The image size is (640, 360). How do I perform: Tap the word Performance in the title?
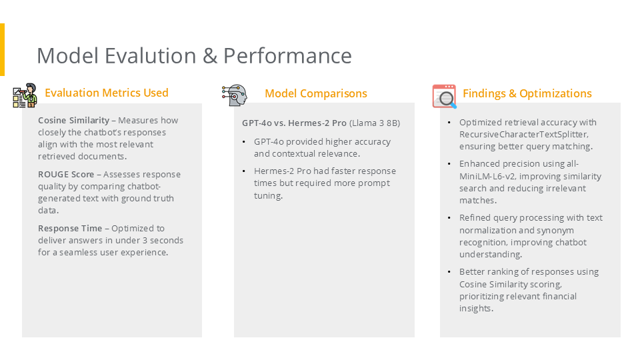287,56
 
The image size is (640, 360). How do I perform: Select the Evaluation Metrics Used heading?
107,93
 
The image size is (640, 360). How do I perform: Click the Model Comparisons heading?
316,93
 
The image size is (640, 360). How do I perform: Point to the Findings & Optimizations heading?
527,93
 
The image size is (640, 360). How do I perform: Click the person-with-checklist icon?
25,95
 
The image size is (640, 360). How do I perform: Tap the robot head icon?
235,95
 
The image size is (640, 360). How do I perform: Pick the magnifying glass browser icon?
444,96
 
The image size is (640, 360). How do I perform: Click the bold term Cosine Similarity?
73,121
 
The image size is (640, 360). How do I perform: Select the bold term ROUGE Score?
66,174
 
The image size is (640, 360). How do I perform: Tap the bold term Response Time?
70,229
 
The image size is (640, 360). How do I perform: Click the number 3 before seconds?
145,241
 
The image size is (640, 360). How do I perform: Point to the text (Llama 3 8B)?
375,123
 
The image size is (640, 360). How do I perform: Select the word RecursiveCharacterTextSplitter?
524,134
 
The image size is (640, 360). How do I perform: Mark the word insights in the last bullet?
476,309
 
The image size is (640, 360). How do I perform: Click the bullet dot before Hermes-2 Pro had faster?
244,171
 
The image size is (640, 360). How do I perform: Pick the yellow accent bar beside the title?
2,49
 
